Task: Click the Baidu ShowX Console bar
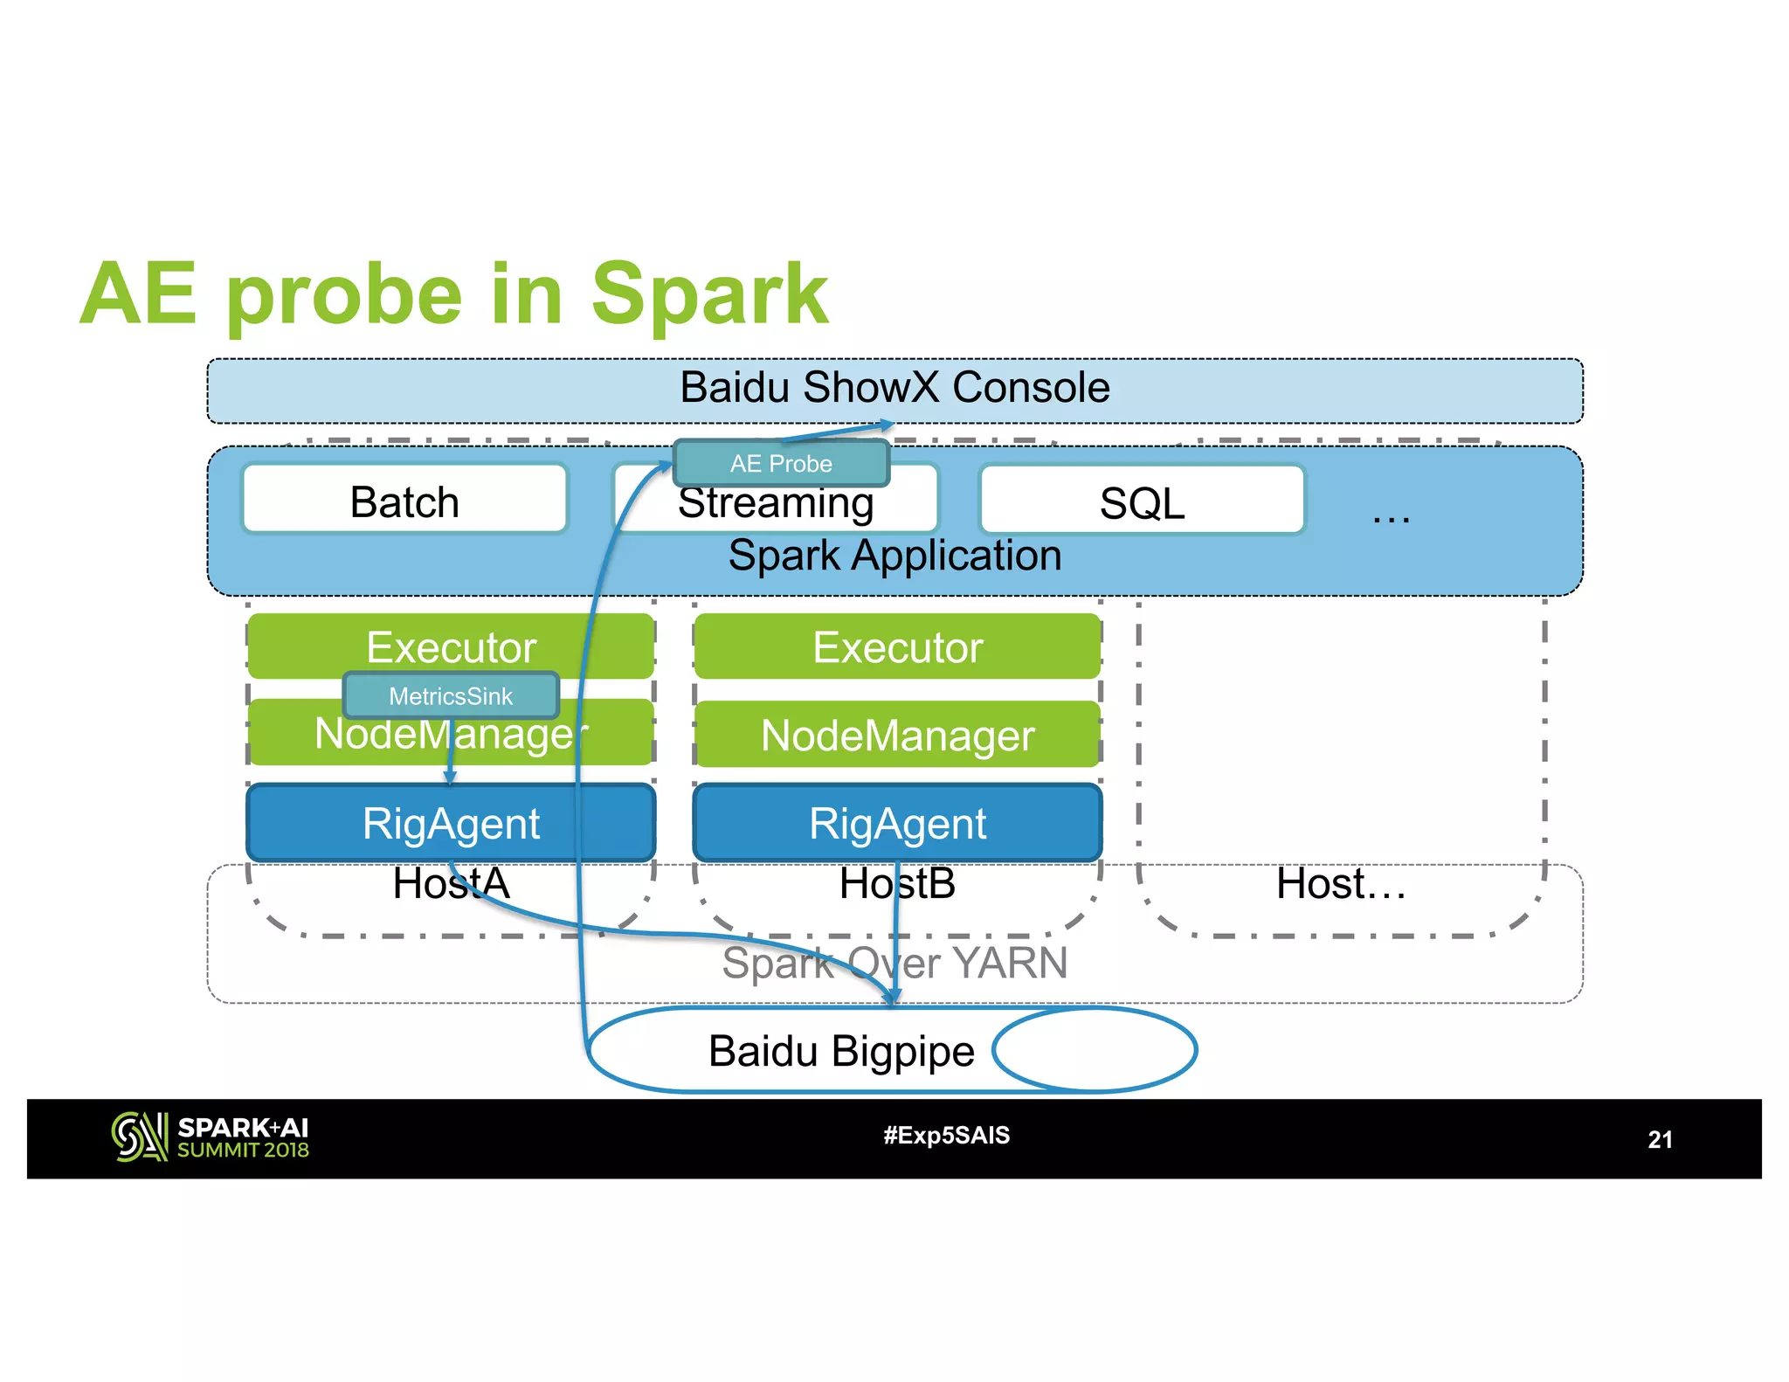click(894, 389)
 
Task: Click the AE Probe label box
click(781, 463)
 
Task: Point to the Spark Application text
click(894, 556)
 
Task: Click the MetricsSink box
click(451, 695)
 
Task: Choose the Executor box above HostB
click(897, 646)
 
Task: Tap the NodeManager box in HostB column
click(897, 735)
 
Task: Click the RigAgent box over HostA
click(451, 823)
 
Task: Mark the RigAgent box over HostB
click(897, 823)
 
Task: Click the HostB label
click(897, 883)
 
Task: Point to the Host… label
click(1341, 883)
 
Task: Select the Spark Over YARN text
click(894, 963)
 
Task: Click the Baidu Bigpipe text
click(840, 1050)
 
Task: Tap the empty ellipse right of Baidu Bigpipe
click(1095, 1049)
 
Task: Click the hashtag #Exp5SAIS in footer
click(946, 1135)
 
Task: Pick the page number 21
click(1660, 1139)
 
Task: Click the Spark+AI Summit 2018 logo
click(211, 1137)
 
